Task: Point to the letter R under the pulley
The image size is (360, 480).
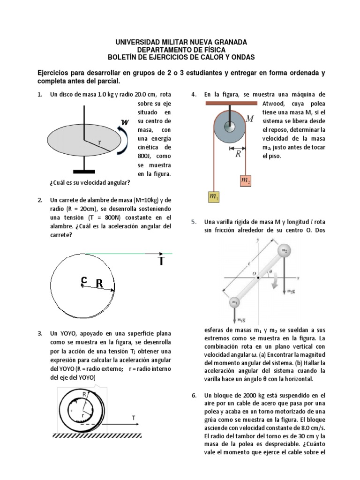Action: [238, 154]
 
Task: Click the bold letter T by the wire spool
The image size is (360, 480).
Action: [161, 261]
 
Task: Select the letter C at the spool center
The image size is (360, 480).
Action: [83, 280]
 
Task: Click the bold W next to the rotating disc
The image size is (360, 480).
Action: [125, 122]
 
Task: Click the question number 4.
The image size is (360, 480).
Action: [194, 95]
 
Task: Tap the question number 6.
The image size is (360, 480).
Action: [194, 395]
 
